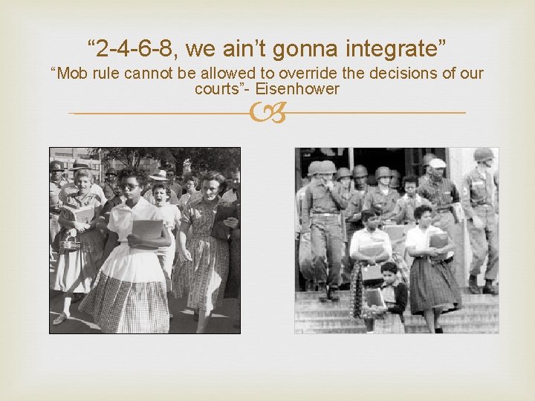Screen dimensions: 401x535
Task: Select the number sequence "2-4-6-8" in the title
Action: [134, 50]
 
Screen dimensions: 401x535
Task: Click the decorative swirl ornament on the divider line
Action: [267, 113]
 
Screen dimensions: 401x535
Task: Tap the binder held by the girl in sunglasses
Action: [146, 232]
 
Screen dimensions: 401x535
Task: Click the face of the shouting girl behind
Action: [159, 195]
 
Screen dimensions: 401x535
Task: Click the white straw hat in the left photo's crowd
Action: [158, 176]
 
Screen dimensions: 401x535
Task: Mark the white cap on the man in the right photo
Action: [437, 163]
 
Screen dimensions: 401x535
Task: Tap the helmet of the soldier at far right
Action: [484, 154]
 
